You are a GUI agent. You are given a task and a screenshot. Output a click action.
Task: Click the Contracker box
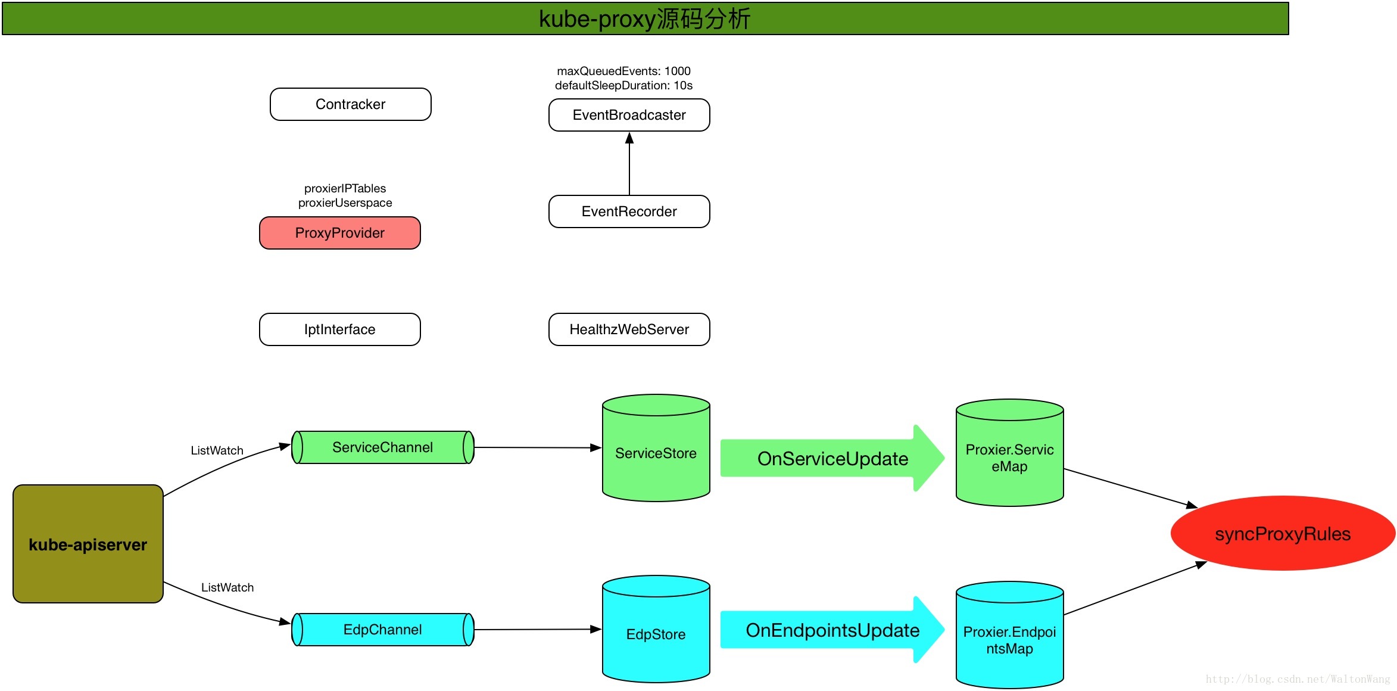[351, 104]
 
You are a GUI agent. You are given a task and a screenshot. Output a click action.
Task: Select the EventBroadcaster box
[629, 115]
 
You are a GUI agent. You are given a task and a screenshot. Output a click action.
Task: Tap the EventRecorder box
[629, 211]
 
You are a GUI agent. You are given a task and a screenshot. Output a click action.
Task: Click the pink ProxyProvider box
[340, 233]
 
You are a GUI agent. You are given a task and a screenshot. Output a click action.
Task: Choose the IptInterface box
[340, 329]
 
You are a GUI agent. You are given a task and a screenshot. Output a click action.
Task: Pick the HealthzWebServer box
[629, 329]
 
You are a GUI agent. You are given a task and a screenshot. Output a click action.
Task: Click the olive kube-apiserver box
[88, 544]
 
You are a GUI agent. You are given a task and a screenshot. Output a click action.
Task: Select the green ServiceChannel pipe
[383, 447]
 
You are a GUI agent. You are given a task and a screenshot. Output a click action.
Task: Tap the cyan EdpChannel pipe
[383, 630]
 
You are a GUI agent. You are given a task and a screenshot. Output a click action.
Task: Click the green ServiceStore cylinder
[656, 448]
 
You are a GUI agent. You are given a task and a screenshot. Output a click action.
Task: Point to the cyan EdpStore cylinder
[656, 629]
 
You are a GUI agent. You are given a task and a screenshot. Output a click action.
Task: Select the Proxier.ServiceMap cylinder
[1010, 453]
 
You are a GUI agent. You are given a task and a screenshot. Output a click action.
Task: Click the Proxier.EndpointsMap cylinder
[1010, 635]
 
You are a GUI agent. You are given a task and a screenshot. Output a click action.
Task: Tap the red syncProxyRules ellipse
[1283, 533]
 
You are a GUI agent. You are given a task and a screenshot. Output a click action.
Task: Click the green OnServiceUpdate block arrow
[832, 458]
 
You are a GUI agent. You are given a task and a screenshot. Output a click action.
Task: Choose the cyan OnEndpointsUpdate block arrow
[832, 630]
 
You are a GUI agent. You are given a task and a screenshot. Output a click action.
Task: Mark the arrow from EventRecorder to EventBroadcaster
[629, 164]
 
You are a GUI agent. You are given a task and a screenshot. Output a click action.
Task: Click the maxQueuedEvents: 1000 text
[624, 71]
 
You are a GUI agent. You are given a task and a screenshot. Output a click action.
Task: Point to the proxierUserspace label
[345, 203]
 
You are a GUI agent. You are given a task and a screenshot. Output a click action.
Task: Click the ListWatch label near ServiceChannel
[217, 450]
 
